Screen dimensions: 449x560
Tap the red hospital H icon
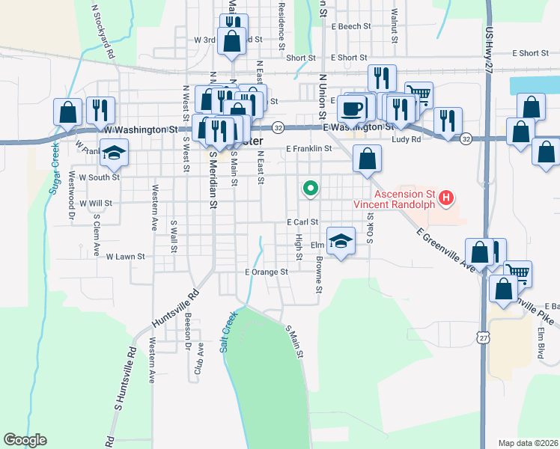445,198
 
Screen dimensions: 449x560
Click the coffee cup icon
352,109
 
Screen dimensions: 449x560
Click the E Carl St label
302,222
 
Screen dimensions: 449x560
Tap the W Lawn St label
125,257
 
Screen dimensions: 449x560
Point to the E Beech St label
351,26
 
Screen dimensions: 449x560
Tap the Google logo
25,440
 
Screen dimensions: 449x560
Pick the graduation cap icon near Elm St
341,241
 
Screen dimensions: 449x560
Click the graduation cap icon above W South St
114,153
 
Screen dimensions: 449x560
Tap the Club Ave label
200,359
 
